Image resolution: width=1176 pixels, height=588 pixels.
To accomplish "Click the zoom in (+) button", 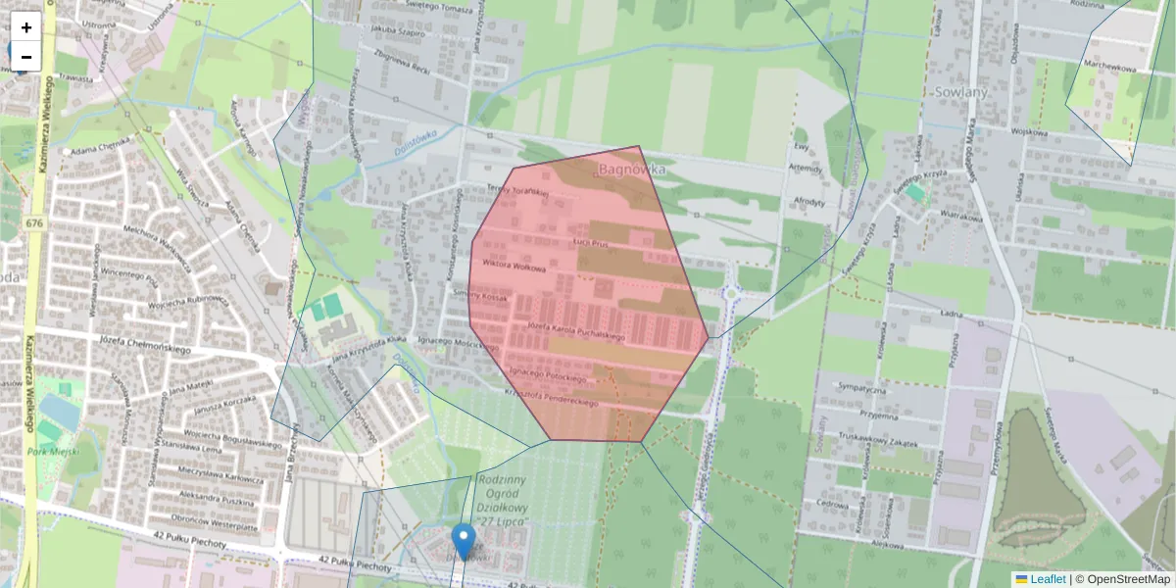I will click(26, 27).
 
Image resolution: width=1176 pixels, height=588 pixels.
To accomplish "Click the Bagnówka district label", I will click(632, 170).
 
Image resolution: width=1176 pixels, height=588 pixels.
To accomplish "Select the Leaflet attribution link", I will click(1048, 579).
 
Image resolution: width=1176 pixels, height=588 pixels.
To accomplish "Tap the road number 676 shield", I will click(35, 224).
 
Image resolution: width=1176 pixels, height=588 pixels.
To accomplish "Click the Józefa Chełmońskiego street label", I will click(145, 344).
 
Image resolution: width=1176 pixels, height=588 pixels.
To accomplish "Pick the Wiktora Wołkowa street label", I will click(514, 267).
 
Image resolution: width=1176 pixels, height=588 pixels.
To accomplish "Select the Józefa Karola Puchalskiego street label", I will click(575, 330).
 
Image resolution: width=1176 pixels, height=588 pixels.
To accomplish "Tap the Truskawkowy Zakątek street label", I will click(878, 441).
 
